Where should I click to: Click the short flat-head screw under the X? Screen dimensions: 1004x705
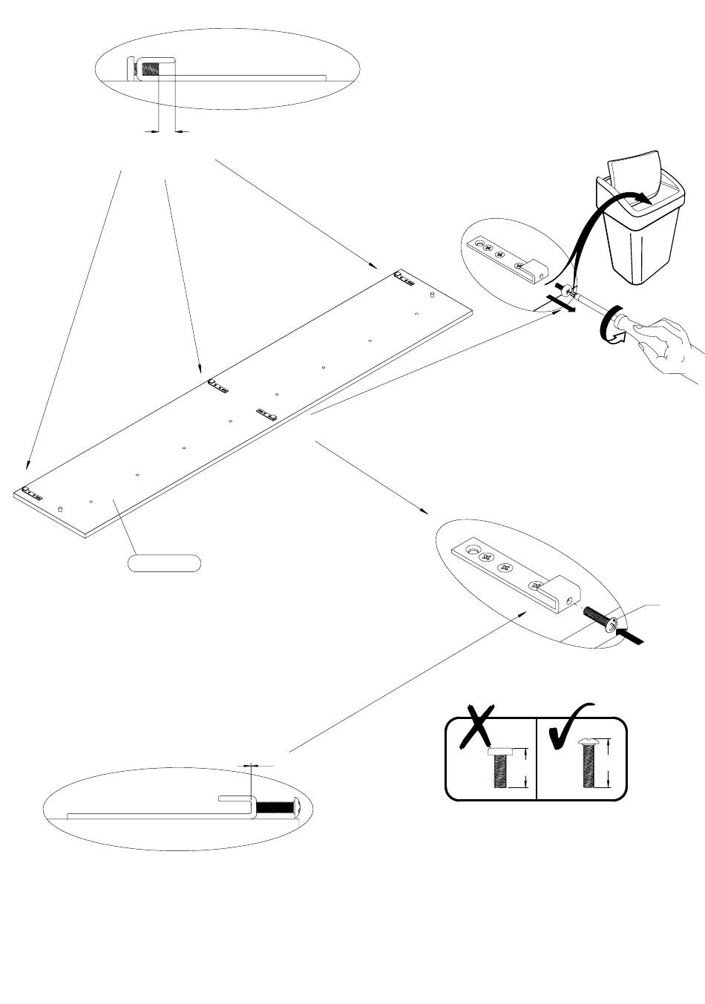[500, 768]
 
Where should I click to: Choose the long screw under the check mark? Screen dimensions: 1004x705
[588, 764]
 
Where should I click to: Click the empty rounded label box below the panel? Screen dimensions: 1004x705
[164, 562]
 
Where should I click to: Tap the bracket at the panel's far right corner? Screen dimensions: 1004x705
[404, 278]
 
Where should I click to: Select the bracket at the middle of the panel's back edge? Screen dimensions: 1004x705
[219, 385]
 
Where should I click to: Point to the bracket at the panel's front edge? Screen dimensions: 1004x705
[266, 413]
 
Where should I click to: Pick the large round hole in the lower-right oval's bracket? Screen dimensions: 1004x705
[470, 551]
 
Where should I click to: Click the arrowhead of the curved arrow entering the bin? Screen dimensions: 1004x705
[644, 199]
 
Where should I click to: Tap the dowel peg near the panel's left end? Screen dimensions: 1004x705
[59, 508]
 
